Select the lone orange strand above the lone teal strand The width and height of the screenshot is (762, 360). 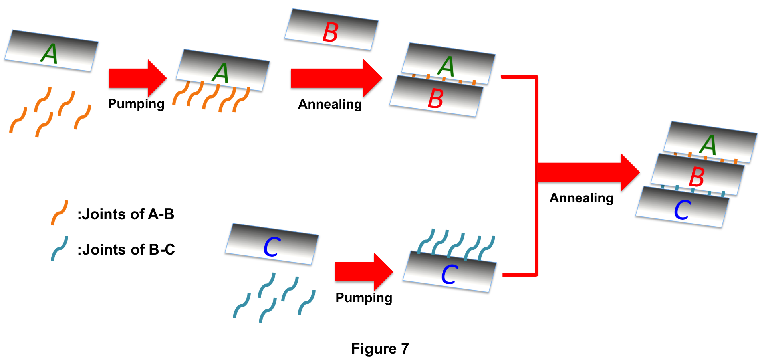pos(60,213)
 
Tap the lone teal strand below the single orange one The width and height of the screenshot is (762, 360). pos(60,248)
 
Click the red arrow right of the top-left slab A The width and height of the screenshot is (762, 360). pos(137,78)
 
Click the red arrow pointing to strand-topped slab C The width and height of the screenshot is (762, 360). pos(363,271)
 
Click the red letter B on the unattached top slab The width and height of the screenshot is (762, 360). pos(330,32)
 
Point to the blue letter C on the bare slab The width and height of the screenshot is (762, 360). pos(272,247)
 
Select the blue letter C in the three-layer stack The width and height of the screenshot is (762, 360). pos(682,210)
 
